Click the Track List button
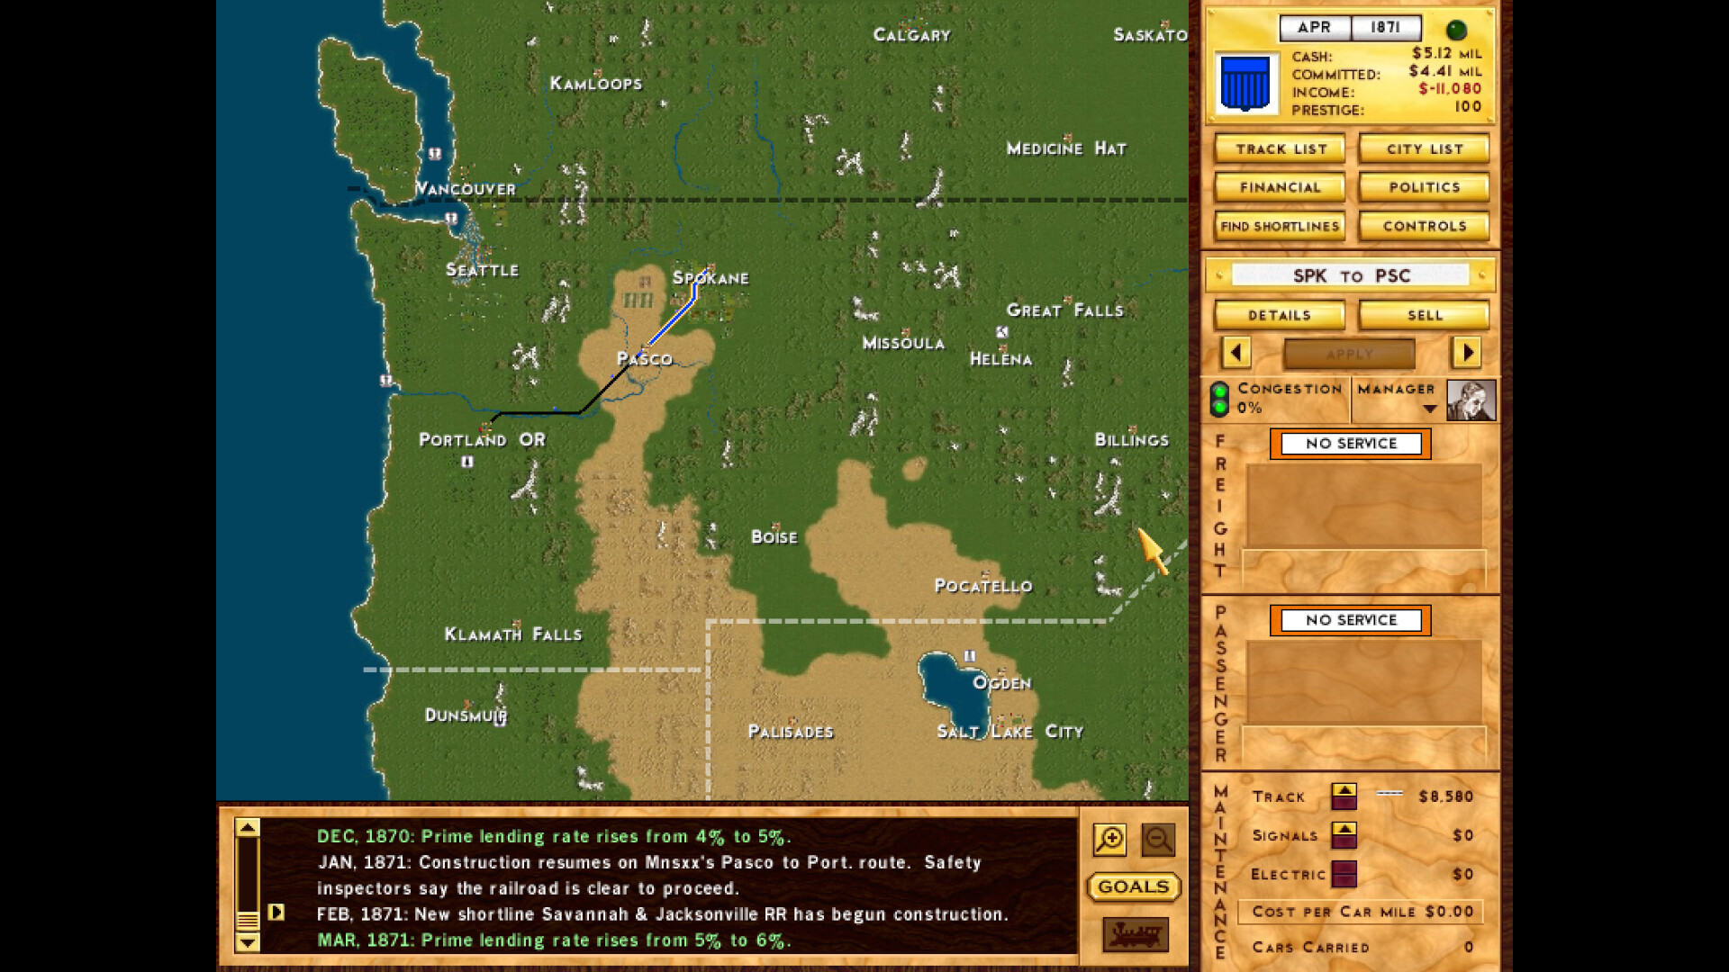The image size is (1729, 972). [1280, 149]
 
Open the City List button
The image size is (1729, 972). [1424, 149]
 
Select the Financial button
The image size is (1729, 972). [1280, 187]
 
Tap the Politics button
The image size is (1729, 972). [1424, 187]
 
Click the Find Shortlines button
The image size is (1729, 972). [1280, 226]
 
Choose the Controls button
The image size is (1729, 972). [1424, 226]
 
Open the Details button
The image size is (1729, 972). [1280, 315]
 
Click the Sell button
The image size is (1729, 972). [1424, 315]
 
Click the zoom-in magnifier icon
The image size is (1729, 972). [1109, 840]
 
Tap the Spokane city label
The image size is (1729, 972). [711, 278]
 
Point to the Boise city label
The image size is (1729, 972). [774, 537]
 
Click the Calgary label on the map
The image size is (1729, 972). [911, 35]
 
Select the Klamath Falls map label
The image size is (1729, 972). [512, 634]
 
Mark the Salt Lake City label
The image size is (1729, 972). [1009, 732]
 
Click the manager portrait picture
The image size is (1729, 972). [1471, 400]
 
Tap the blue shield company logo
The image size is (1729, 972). [1245, 84]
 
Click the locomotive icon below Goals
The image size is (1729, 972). [1135, 934]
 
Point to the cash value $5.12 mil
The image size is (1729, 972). [1445, 54]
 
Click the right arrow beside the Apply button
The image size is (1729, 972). [1466, 353]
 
